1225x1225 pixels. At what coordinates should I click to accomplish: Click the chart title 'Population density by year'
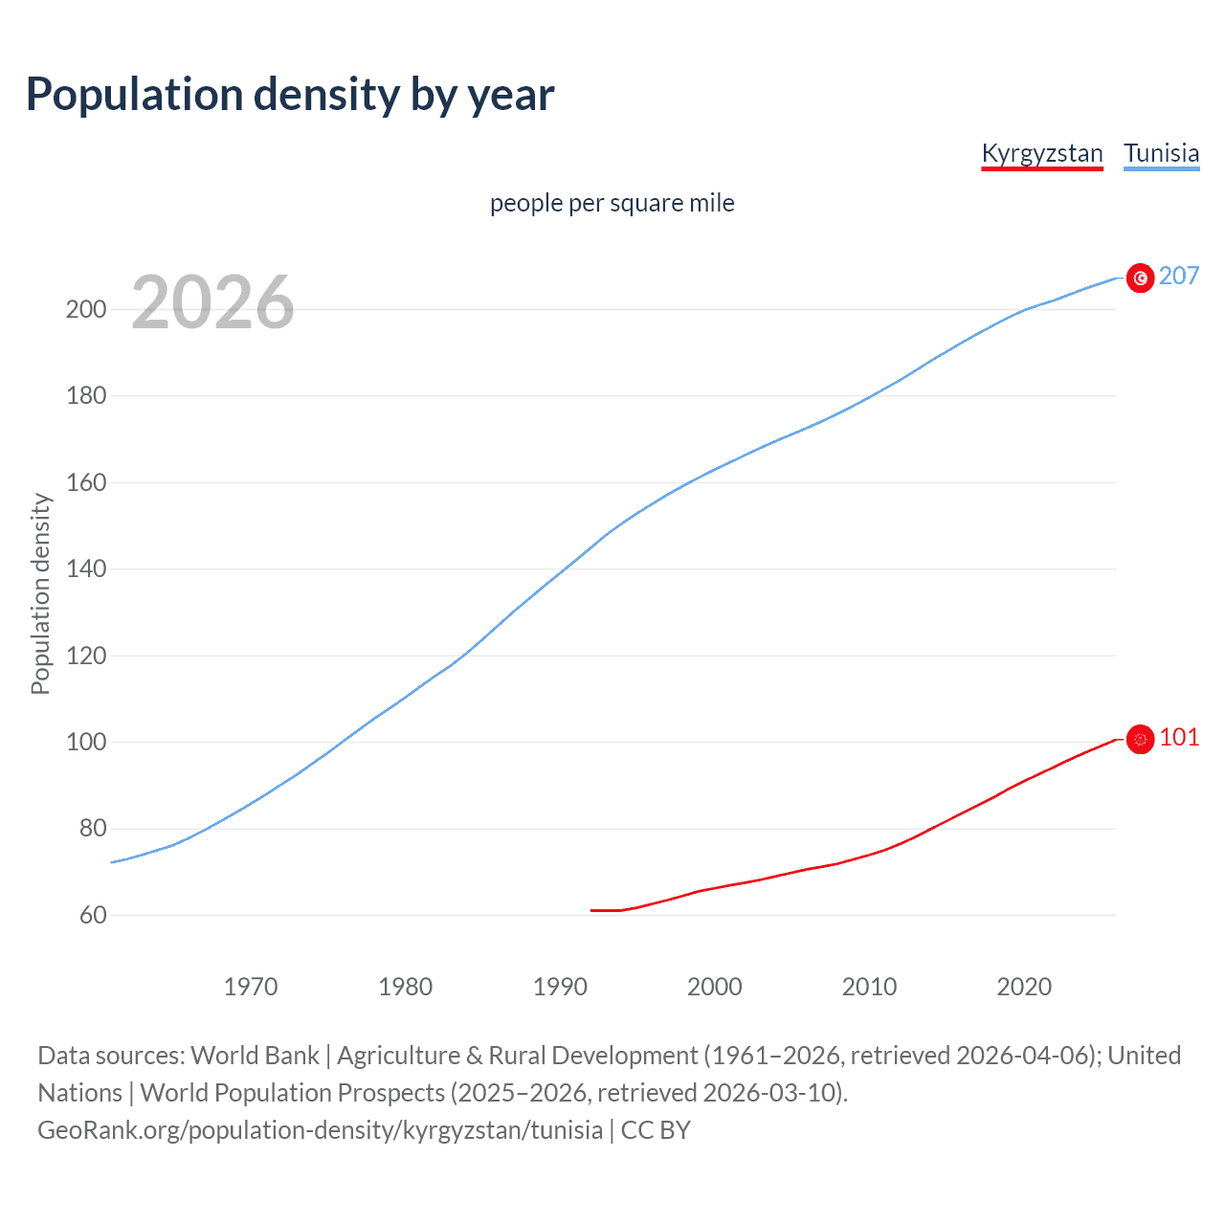[x=290, y=94]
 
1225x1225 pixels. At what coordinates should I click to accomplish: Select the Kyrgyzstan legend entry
[x=1041, y=153]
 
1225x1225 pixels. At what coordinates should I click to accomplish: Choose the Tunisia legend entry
[x=1161, y=153]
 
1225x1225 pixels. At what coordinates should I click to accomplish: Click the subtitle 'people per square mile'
[x=612, y=203]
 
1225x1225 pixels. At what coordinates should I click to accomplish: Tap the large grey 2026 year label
[x=212, y=302]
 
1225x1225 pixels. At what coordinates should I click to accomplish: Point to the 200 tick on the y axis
[x=86, y=309]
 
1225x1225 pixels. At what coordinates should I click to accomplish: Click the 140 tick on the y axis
[x=86, y=569]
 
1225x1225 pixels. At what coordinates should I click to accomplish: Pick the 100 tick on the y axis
[x=86, y=743]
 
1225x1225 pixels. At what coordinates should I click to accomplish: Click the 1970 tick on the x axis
[x=251, y=987]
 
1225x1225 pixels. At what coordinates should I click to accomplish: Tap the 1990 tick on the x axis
[x=560, y=987]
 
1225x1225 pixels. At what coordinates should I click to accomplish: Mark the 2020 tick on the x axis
[x=1024, y=987]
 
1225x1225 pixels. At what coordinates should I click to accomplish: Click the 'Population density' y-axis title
[x=40, y=593]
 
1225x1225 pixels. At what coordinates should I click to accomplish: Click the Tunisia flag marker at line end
[x=1140, y=278]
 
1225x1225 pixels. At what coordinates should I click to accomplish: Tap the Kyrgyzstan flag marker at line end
[x=1140, y=739]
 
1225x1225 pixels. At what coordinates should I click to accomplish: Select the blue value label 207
[x=1179, y=276]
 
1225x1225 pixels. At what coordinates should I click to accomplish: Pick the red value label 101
[x=1179, y=737]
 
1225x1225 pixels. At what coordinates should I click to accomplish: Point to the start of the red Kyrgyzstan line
[x=592, y=910]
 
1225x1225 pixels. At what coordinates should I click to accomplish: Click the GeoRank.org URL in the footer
[x=321, y=1130]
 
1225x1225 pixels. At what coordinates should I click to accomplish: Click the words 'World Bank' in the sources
[x=255, y=1056]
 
